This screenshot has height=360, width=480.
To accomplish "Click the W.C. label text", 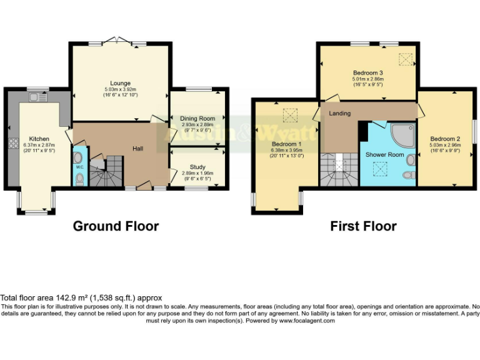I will pos(79,167).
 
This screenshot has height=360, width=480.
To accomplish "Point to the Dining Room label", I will pos(197,118).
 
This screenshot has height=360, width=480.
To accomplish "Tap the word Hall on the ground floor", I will pos(138,148).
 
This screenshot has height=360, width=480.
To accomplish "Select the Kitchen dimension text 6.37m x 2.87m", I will pos(38,145).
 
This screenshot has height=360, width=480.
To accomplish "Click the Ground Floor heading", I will pos(116,226).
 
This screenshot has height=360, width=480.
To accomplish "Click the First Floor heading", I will pos(363,226).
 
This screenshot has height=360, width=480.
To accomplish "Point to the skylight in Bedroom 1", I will pos(289,114).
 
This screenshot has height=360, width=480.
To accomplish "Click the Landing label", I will pos(340,113).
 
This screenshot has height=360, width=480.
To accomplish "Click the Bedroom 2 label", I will pos(445,139).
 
